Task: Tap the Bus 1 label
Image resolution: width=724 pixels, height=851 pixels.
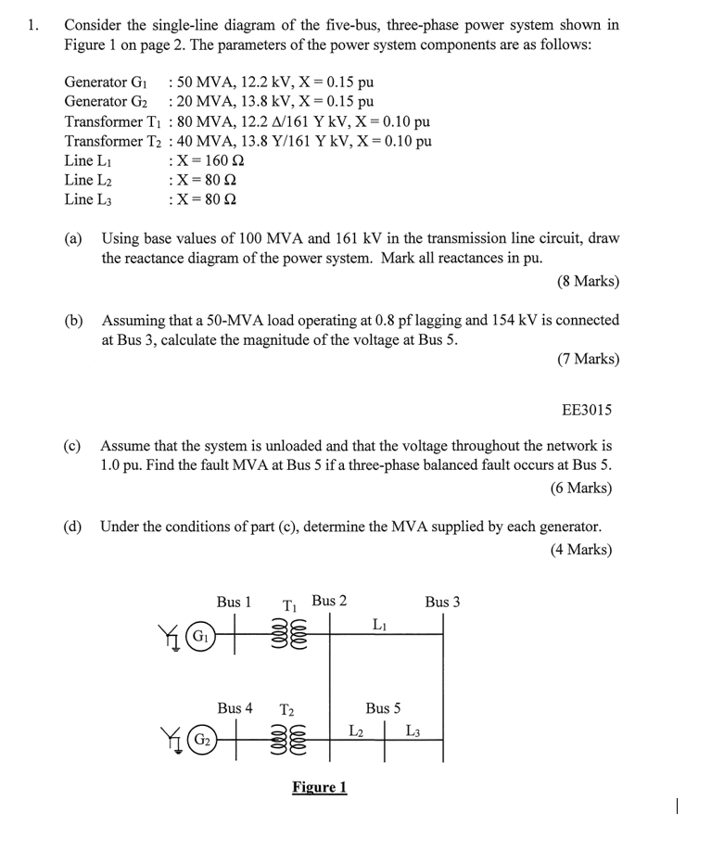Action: point(234,603)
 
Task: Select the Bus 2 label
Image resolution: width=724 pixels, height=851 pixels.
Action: point(329,601)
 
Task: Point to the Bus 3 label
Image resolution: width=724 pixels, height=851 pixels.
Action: point(442,603)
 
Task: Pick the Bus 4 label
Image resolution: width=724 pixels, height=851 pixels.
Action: point(235,708)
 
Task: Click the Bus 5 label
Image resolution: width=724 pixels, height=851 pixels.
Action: point(383,708)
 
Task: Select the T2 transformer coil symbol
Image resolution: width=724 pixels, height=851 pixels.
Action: point(286,743)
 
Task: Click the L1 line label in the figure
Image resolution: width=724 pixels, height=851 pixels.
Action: point(379,624)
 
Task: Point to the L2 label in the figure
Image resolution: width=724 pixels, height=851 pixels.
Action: point(356,730)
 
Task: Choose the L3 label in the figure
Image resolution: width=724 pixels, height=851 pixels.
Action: point(413,730)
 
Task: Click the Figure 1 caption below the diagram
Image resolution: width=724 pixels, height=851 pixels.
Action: point(319,788)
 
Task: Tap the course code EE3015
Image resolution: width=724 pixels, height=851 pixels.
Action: point(587,410)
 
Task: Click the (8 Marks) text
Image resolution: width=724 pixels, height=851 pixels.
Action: point(588,281)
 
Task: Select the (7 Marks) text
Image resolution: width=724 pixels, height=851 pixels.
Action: point(588,359)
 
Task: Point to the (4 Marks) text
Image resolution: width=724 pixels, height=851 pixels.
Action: point(580,550)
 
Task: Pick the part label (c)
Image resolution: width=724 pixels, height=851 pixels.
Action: point(72,445)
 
